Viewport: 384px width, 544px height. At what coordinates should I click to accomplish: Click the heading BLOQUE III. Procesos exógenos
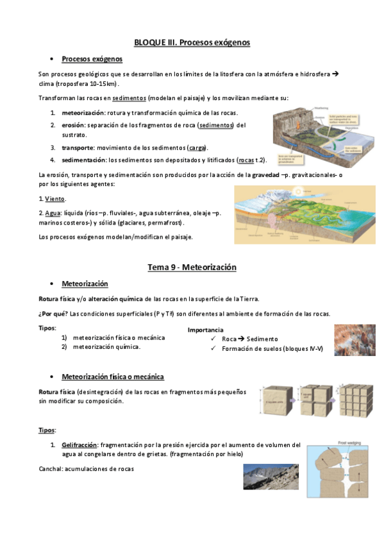192,42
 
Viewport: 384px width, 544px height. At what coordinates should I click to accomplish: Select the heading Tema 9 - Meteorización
192,267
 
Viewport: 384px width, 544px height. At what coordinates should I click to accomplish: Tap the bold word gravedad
265,174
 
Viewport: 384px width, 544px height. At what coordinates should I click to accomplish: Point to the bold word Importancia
206,330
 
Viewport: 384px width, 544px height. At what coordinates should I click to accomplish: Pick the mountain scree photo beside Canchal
271,477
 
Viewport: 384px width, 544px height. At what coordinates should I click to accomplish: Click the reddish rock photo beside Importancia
355,340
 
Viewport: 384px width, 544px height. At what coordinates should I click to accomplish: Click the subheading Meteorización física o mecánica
113,377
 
